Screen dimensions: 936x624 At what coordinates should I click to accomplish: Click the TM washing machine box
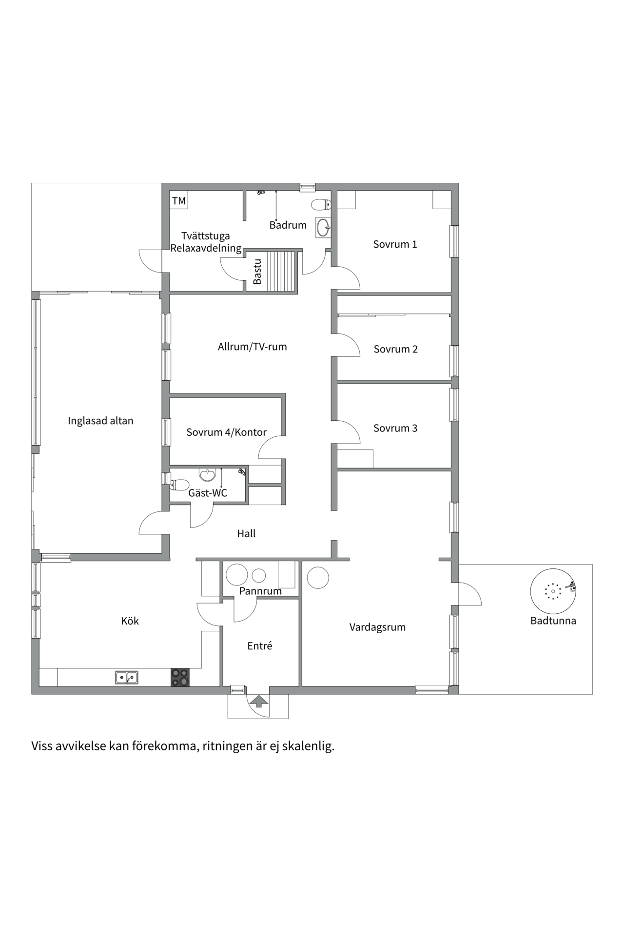pos(179,200)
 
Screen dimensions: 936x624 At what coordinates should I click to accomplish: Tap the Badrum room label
pos(288,225)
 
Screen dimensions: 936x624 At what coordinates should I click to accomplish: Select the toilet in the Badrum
pos(321,204)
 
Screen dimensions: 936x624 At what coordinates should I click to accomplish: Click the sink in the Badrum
pos(323,227)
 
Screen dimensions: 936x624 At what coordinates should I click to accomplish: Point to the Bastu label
pos(257,272)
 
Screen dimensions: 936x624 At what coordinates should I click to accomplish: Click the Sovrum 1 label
pos(395,244)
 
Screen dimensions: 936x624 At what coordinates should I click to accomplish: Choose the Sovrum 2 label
pos(395,349)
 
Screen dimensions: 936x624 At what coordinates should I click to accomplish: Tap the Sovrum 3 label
pos(395,428)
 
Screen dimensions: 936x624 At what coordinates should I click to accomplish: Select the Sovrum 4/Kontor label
pos(226,432)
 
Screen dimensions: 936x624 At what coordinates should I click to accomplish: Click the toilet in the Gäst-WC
pos(180,485)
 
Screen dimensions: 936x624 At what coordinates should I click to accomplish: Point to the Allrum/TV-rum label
pos(252,347)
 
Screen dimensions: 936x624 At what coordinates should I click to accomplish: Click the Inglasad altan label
pos(100,421)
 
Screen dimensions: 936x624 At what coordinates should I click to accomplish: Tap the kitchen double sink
pos(127,677)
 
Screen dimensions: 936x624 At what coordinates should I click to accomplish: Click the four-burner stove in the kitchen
pos(180,677)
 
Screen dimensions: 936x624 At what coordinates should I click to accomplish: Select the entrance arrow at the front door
pos(259,701)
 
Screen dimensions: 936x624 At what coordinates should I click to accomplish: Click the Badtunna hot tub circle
pos(553,591)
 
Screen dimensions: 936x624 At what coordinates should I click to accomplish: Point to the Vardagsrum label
pos(377,627)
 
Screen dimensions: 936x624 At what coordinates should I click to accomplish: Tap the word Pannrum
pos(260,591)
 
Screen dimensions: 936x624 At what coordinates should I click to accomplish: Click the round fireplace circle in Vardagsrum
pos(318,578)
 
